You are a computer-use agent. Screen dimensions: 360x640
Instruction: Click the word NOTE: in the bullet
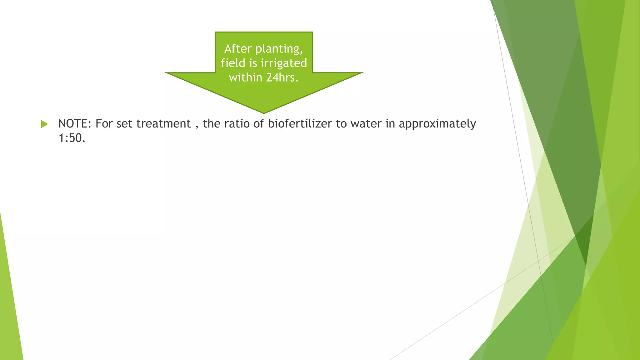click(75, 124)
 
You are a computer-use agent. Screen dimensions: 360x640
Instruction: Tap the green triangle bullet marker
click(44, 124)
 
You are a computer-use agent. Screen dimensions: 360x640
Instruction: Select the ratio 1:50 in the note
click(72, 138)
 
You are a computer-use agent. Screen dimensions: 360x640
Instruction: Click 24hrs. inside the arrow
click(282, 77)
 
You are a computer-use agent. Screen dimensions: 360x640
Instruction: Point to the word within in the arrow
click(246, 77)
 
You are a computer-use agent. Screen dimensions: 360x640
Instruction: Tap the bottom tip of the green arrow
click(264, 112)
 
